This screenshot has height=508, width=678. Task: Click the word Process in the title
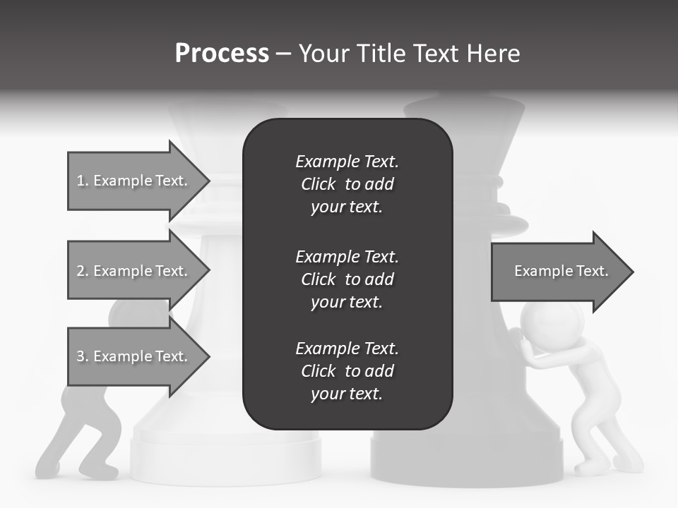(x=222, y=54)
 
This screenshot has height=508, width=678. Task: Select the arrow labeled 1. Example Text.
(x=132, y=181)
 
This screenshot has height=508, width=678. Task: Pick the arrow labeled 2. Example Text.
(x=132, y=271)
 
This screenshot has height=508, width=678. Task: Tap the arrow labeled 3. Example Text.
(x=132, y=356)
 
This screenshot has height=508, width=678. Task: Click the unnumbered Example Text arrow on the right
(x=561, y=271)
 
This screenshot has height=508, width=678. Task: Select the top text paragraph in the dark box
(x=347, y=184)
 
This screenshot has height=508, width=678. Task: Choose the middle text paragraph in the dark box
(x=347, y=279)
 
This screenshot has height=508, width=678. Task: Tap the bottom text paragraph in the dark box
(x=347, y=371)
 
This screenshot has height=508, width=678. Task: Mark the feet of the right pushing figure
(x=607, y=466)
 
